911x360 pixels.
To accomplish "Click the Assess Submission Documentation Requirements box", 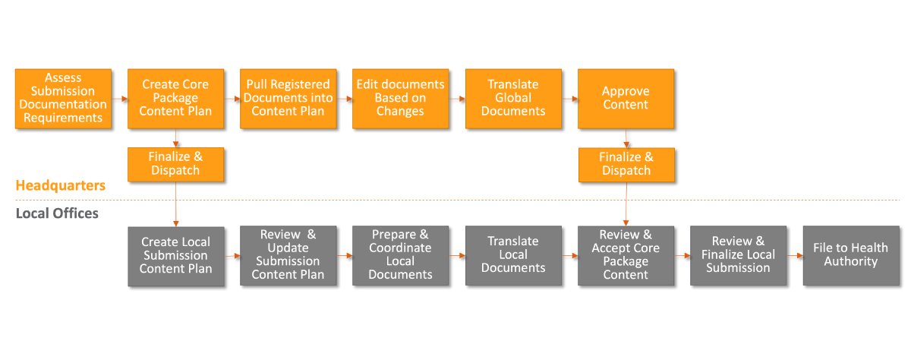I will coord(63,98).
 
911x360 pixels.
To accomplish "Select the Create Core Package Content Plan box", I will coord(175,98).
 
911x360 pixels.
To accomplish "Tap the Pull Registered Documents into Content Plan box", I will coord(288,98).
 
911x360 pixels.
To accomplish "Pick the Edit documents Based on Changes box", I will coord(400,98).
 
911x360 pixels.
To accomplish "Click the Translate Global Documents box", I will coord(512,98).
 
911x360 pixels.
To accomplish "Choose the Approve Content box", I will coord(626,98).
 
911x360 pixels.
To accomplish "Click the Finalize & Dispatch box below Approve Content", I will coord(626,164).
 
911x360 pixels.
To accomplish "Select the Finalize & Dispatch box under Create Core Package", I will coord(175,164).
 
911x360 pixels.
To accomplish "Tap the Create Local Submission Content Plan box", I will coord(175,255).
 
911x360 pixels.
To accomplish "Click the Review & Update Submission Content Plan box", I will coord(288,255).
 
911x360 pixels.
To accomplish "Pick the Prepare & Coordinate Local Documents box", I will coord(400,255).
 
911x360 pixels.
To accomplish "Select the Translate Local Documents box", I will coord(512,255).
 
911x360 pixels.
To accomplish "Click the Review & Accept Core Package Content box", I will coord(626,255).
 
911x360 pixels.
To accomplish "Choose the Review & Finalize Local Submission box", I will coord(738,255).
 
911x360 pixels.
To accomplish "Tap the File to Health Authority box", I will coord(850,255).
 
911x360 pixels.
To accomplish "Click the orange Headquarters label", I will coord(60,186).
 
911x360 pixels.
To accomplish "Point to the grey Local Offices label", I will coord(57,214).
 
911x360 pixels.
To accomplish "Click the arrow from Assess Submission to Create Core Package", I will coord(119,99).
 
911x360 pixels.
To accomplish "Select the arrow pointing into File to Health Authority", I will coord(794,256).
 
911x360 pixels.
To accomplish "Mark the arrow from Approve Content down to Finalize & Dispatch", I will coord(626,137).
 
